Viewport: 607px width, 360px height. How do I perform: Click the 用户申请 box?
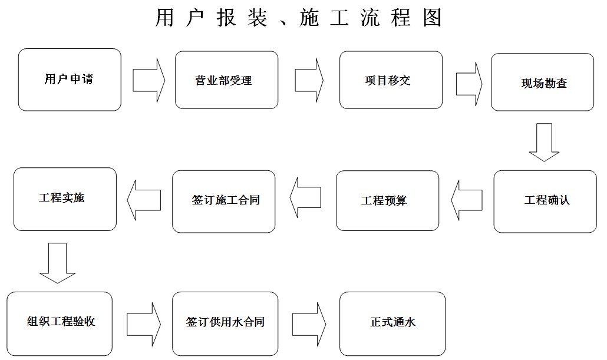click(70, 80)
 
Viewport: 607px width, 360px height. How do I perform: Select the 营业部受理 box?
click(227, 80)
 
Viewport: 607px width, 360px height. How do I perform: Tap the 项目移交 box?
click(391, 80)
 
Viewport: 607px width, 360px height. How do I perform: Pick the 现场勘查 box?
click(543, 82)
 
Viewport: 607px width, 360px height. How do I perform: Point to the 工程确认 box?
click(545, 201)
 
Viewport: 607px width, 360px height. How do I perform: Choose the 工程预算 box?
click(387, 201)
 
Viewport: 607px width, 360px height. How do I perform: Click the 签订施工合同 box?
click(224, 201)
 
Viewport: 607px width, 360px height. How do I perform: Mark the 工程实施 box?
click(65, 199)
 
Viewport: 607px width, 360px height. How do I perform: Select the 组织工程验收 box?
click(60, 323)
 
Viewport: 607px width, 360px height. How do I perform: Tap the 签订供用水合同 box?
click(224, 322)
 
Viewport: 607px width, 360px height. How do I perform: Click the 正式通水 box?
click(392, 322)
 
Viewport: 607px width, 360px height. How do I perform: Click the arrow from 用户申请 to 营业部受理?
click(149, 80)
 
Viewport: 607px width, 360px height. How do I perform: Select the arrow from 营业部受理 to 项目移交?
click(309, 80)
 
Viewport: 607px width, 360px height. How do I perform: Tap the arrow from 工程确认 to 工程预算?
click(467, 201)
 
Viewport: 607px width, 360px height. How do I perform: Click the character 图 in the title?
click(432, 18)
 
